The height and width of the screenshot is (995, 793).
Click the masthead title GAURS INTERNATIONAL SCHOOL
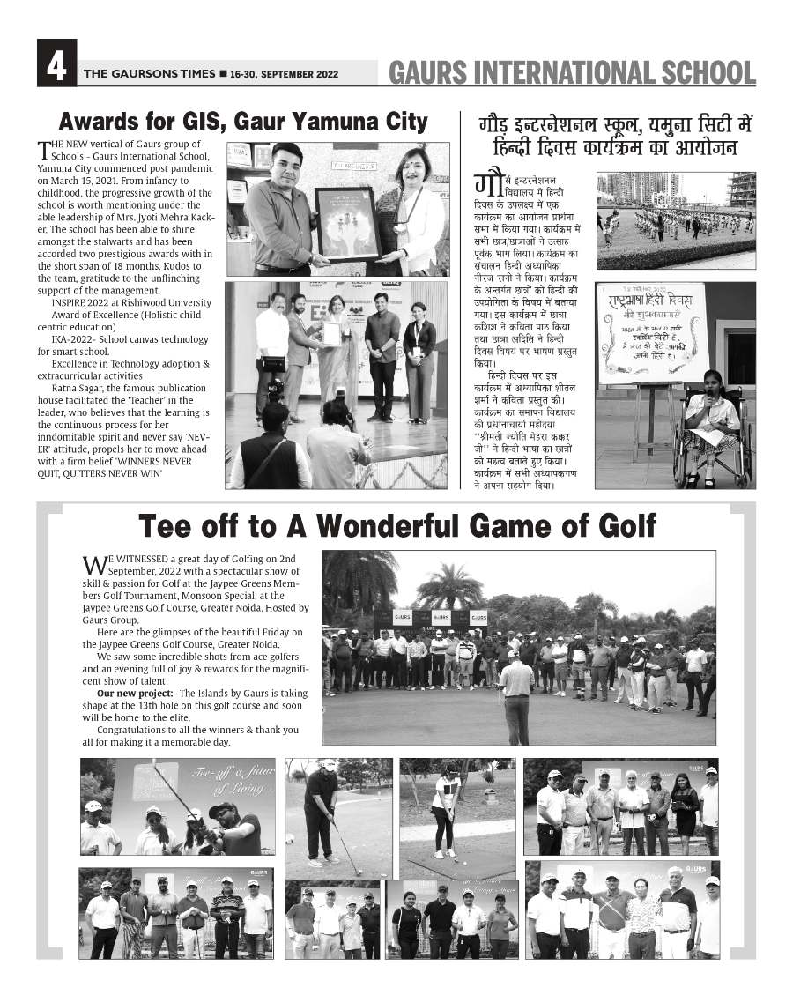pos(572,72)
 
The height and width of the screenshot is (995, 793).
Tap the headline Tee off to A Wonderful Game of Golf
pos(396,526)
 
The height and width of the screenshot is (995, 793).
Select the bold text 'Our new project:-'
pos(129,694)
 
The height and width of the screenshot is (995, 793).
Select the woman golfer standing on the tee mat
pos(446,811)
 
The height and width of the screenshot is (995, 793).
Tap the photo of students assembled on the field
pos(676,220)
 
